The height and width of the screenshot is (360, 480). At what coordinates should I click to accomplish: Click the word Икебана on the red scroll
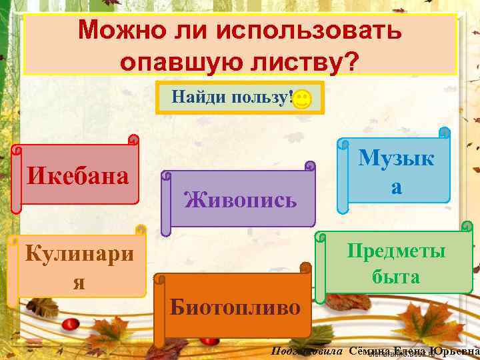[x=77, y=176]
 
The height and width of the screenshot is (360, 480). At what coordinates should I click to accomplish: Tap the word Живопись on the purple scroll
[x=240, y=199]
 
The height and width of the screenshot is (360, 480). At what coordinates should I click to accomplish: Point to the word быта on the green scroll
[x=396, y=276]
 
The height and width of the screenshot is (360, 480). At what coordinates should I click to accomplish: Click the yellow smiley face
[x=301, y=100]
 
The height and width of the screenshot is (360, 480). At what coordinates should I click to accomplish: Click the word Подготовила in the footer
[x=307, y=350]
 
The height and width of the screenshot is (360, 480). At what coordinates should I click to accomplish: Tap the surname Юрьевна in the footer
[x=455, y=350]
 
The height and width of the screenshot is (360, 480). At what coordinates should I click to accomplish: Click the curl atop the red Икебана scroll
[x=133, y=140]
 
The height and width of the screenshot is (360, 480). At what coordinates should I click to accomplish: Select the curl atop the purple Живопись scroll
[x=309, y=165]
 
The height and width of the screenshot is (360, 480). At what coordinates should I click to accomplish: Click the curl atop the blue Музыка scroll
[x=445, y=133]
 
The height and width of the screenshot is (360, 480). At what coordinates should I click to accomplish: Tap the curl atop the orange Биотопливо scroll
[x=305, y=268]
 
